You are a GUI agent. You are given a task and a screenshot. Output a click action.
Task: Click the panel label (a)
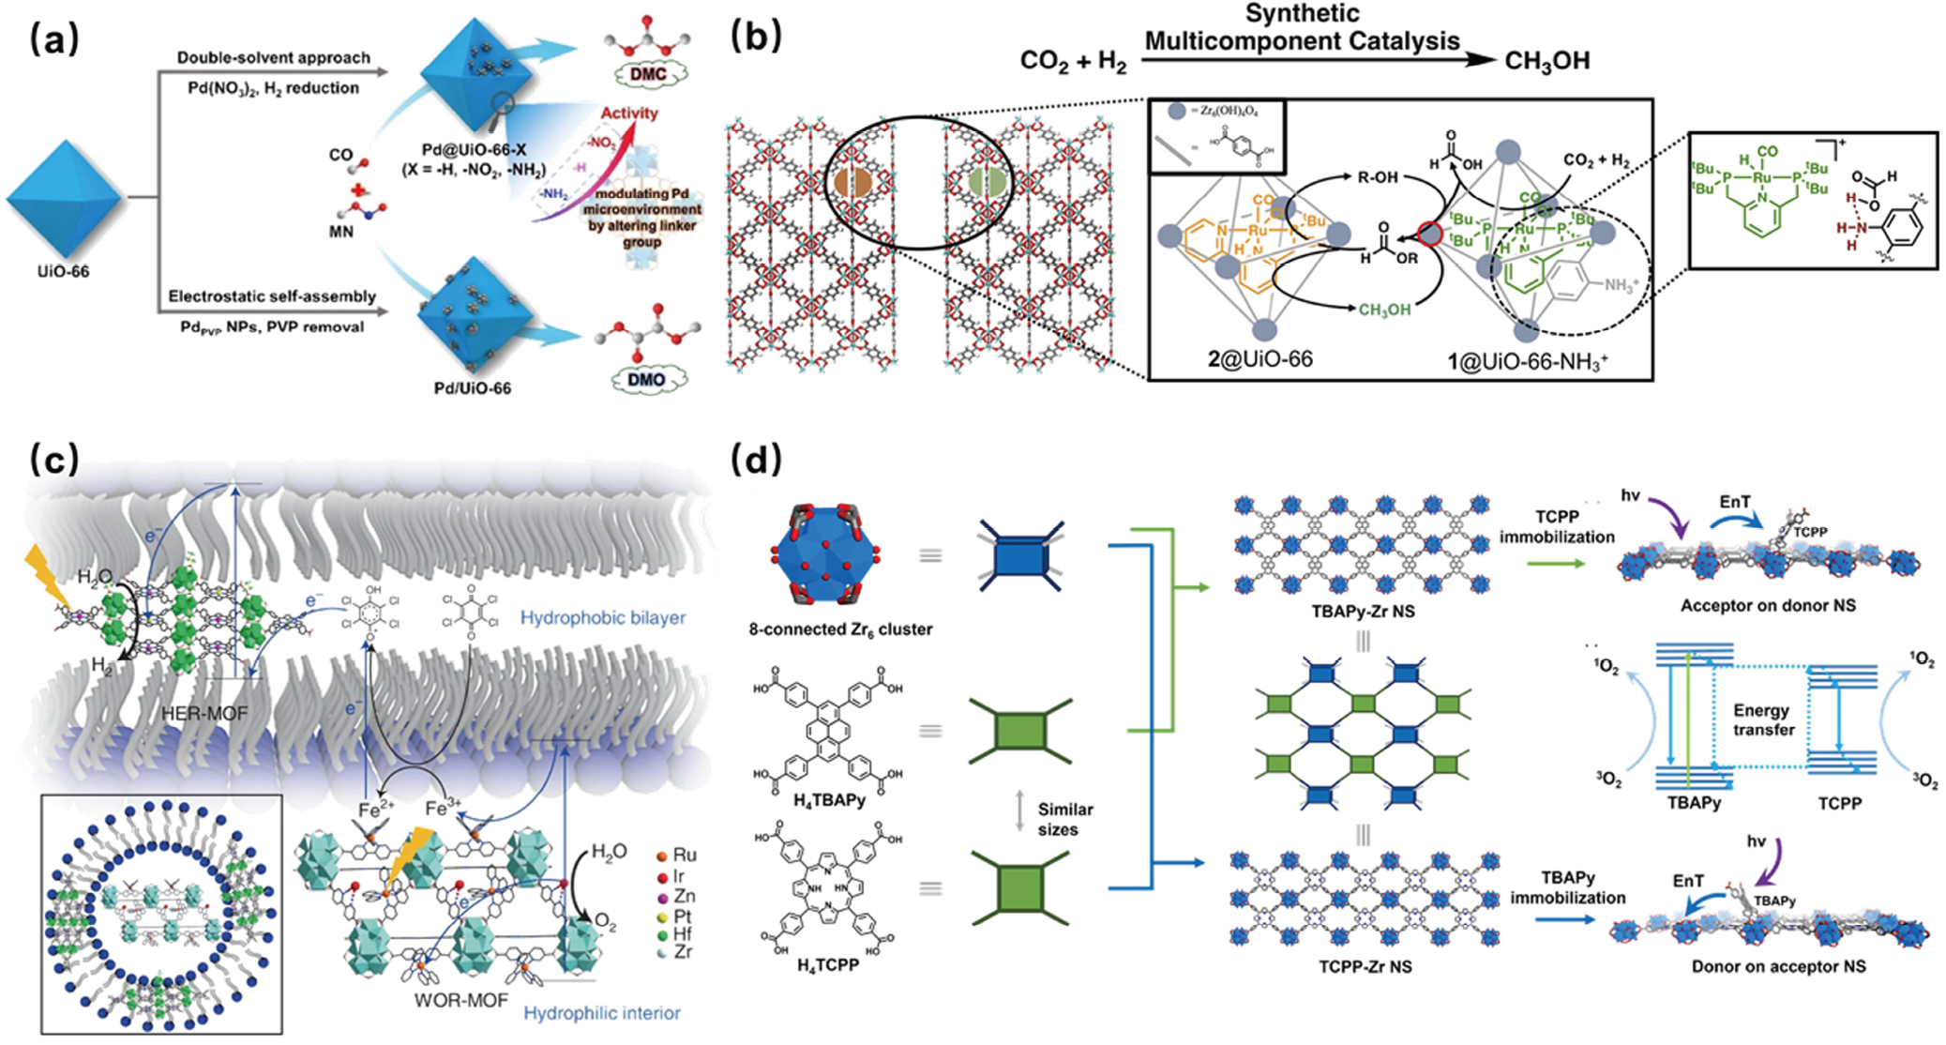tap(54, 39)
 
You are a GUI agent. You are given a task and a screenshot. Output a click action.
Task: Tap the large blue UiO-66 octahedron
tap(64, 199)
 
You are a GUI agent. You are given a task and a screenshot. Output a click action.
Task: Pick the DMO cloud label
tap(646, 380)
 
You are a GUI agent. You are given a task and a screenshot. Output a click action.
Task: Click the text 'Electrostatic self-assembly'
tap(272, 296)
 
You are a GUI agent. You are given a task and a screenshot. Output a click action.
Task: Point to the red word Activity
tap(629, 114)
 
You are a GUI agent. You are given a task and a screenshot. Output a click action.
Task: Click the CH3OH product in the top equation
tap(1546, 61)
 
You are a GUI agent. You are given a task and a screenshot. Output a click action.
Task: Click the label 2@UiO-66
tap(1260, 358)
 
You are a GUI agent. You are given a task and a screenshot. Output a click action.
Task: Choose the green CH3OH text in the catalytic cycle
tap(1384, 310)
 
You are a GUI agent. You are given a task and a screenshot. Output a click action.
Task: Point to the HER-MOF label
tap(204, 714)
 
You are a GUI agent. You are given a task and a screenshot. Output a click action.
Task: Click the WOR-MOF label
tap(461, 1001)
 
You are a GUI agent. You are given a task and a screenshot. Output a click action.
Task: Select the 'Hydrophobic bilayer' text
tap(602, 618)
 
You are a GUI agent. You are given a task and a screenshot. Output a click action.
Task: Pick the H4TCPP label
tap(826, 965)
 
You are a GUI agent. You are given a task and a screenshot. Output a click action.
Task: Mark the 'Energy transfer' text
tap(1763, 719)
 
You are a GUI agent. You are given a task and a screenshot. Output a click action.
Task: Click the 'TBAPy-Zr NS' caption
tap(1363, 612)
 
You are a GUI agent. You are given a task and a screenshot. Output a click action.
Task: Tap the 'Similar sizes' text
tap(1064, 819)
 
